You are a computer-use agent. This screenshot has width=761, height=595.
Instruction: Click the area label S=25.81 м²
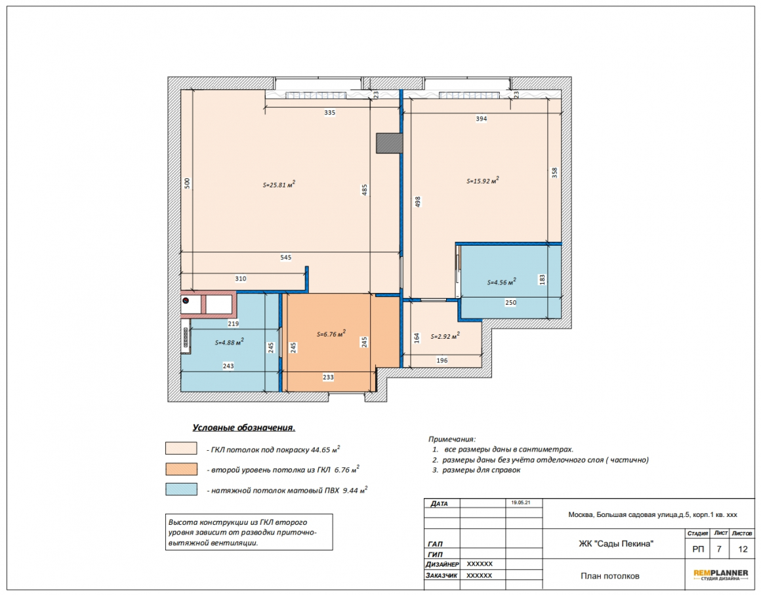[279, 184]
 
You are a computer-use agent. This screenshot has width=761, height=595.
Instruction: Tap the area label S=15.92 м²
[483, 180]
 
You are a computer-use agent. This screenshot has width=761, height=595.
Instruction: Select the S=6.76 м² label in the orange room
[331, 334]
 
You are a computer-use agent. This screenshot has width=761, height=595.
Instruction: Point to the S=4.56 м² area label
[502, 282]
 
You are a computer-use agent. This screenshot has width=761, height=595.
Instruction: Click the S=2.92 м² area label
[445, 336]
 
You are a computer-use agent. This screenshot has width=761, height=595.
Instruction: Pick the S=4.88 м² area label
[230, 342]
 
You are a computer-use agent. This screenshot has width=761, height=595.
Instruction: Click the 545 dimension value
[286, 258]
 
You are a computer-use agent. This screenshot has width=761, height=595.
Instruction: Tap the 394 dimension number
[482, 119]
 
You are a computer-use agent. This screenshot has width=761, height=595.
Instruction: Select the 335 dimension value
[329, 113]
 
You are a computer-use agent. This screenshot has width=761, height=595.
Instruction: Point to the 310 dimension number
[241, 279]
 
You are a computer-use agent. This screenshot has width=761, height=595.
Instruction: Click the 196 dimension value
[442, 360]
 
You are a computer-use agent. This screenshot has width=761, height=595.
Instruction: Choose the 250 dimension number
[510, 303]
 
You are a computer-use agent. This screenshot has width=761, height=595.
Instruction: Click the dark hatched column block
[389, 144]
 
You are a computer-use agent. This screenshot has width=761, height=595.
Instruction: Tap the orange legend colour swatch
[182, 469]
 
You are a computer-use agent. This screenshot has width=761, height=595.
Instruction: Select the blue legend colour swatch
[182, 489]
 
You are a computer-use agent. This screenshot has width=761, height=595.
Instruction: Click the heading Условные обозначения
[244, 428]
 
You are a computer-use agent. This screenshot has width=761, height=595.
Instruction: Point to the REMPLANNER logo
[721, 575]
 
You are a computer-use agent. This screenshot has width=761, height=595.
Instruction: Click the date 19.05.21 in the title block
[520, 503]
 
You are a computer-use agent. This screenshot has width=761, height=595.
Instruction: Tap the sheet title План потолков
[610, 576]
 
